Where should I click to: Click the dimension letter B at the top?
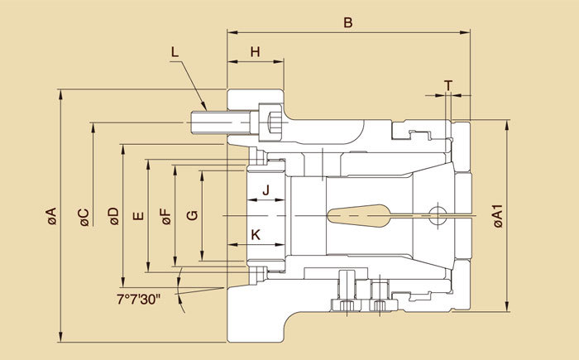348,23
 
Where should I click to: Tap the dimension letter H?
256,51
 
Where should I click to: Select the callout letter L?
175,52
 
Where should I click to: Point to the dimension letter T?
447,85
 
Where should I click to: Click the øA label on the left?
51,217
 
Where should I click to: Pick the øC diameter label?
83,217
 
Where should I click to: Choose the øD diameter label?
112,217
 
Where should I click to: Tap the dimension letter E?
138,217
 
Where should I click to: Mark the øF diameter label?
165,217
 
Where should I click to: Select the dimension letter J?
266,190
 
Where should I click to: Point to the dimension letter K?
256,235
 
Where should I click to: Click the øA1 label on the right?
497,217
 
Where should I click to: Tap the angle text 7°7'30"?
139,296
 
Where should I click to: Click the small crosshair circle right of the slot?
439,216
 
